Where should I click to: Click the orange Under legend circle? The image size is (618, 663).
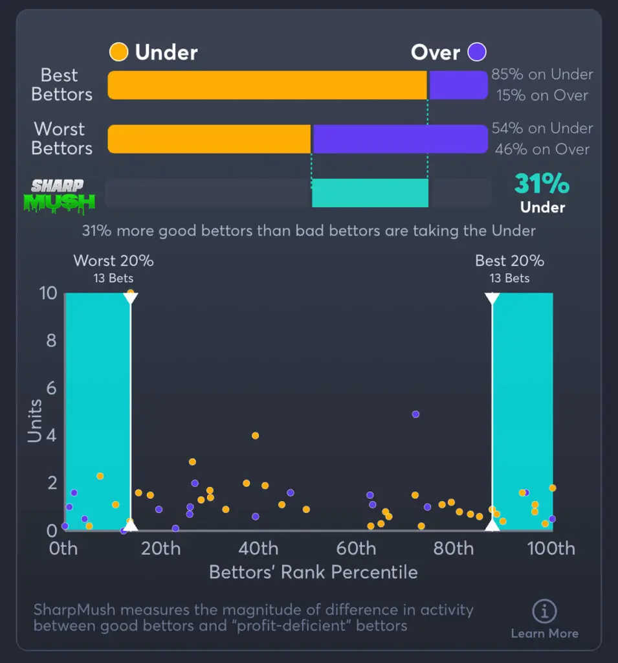119,52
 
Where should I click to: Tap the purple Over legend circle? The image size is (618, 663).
478,52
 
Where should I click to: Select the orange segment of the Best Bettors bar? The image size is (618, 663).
267,85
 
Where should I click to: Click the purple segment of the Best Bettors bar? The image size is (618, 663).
458,85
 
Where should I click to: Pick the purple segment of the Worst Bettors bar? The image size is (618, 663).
400,139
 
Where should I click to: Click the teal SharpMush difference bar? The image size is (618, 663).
370,193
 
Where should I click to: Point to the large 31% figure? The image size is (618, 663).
542,185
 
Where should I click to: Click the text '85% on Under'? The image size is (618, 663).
542,74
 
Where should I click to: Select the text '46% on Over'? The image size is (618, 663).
542,150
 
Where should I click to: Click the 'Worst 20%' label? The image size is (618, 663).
113,261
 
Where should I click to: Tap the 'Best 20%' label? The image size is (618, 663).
509,261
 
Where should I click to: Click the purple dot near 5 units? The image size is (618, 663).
415,414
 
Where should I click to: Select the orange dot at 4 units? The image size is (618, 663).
255,436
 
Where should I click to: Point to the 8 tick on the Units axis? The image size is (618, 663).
52,341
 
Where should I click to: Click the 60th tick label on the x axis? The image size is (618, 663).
357,549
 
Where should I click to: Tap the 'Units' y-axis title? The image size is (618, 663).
35,421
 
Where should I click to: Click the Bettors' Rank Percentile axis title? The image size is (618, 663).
313,572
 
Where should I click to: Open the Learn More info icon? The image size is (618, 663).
544,611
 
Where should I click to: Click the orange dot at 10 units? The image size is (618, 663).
130,293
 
